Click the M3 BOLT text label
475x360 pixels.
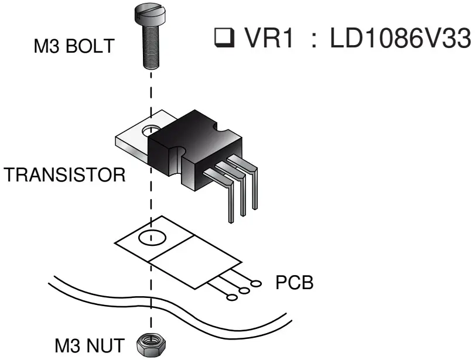click(x=73, y=47)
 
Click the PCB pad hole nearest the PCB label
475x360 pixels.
click(x=256, y=283)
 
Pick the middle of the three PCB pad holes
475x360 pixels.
click(x=244, y=290)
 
